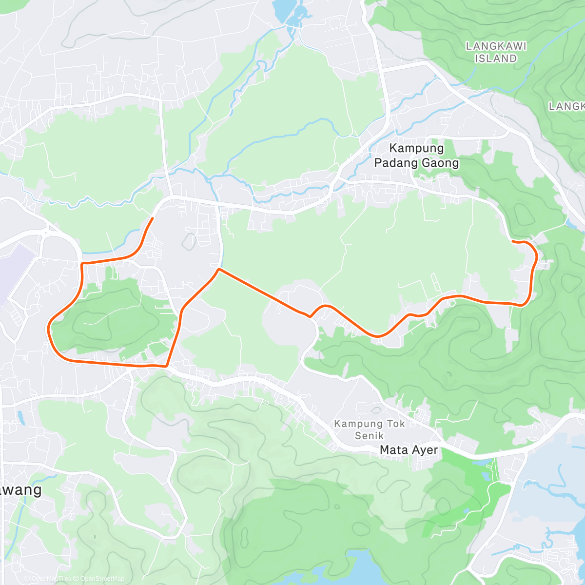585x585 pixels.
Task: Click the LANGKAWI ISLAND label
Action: coord(496,52)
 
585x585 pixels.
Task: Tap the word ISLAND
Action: coord(496,58)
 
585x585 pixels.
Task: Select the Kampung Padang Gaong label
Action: coord(416,156)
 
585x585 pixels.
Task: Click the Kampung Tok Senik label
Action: coord(369,429)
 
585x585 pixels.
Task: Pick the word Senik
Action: coord(369,436)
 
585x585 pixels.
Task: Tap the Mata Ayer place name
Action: coord(409,450)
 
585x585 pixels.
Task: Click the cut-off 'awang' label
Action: coord(20,490)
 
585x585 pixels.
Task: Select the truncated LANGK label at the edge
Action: coord(566,106)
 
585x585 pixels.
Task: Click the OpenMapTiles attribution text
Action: coord(48,579)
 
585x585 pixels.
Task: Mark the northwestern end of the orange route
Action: coord(153,218)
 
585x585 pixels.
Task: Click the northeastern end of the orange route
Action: coord(512,241)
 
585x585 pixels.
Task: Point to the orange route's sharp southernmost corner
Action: coord(167,365)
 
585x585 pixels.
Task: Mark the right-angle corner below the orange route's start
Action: coord(82,264)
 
